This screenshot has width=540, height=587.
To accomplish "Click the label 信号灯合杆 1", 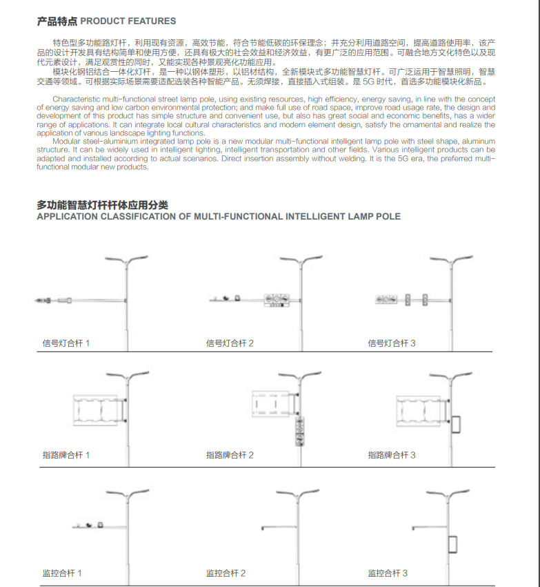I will [x=66, y=343].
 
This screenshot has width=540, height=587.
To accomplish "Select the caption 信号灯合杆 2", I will [x=230, y=343].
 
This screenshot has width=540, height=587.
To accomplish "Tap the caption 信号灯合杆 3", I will [x=392, y=343].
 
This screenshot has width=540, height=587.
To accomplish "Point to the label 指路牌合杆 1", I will [x=66, y=455].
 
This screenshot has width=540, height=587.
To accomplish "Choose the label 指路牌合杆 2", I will [x=230, y=455].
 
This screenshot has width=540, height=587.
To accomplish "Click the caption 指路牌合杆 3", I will [x=392, y=455].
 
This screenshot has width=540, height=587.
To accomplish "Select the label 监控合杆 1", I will [x=63, y=573].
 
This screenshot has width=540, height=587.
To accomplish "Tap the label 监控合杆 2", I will [x=226, y=573].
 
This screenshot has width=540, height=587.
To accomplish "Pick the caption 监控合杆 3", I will [x=388, y=573].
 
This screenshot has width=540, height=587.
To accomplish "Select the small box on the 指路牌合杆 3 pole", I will [x=456, y=424].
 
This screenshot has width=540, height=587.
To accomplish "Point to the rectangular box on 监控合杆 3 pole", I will [x=453, y=544].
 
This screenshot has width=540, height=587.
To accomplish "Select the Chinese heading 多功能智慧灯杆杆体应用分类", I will [x=102, y=205].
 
